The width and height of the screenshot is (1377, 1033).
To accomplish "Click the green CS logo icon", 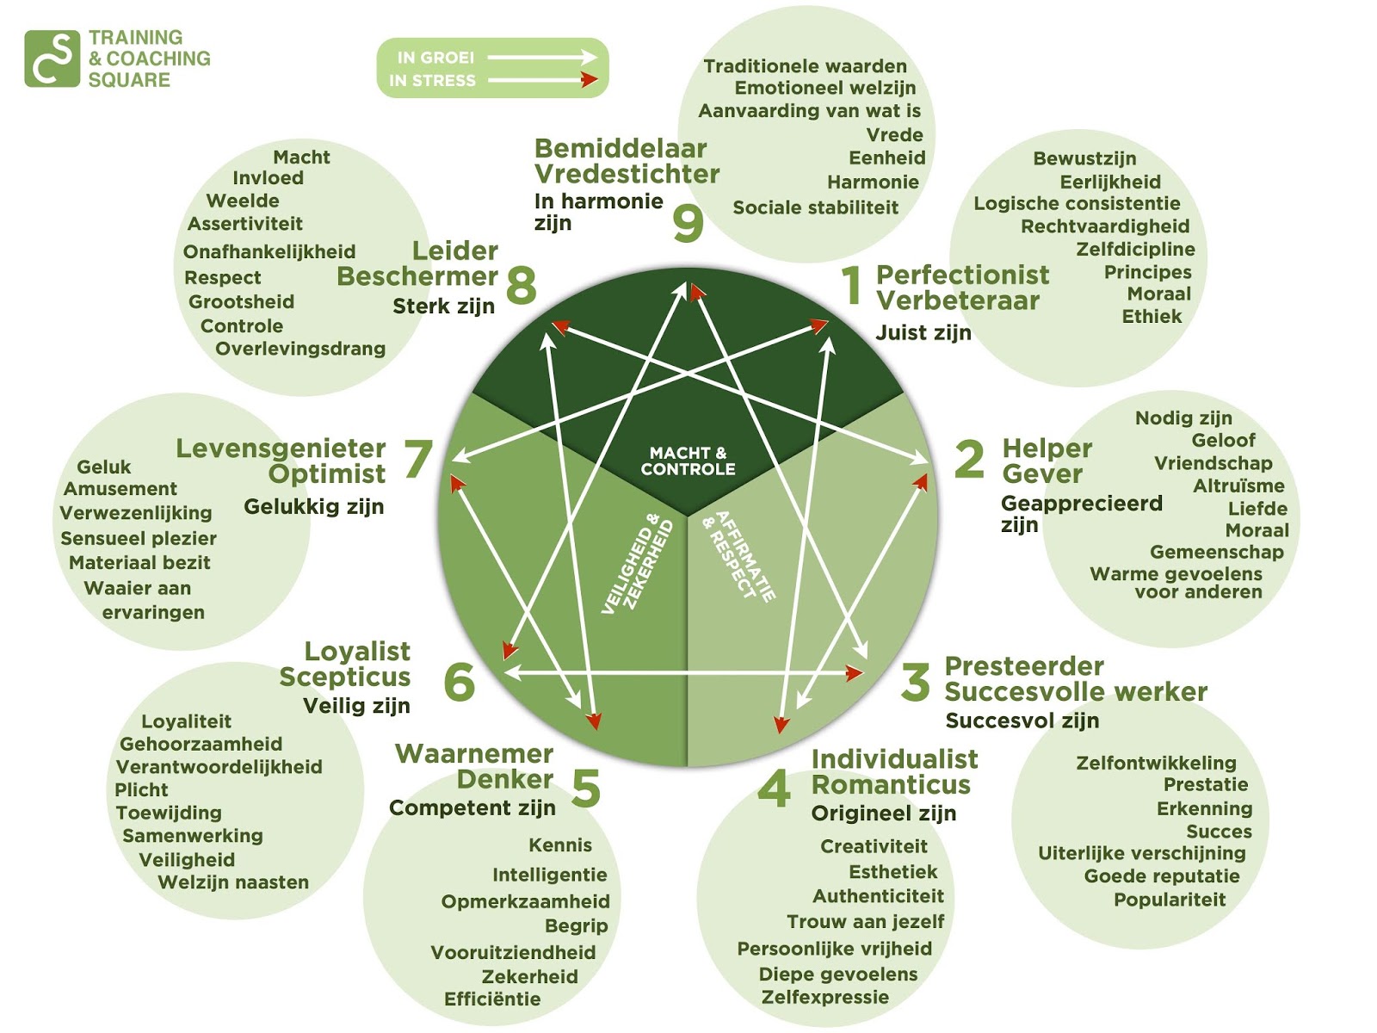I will pyautogui.click(x=52, y=59).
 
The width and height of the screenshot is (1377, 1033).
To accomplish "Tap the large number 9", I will pyautogui.click(x=688, y=223).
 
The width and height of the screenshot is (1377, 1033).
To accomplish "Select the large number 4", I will pyautogui.click(x=774, y=789).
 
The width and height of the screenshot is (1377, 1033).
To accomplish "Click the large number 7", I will pyautogui.click(x=418, y=459).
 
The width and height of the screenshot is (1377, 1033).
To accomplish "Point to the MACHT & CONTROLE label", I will pyautogui.click(x=688, y=461).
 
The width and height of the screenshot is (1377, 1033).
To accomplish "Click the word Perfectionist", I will pyautogui.click(x=962, y=275).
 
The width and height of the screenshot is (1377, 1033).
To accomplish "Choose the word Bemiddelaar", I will pyautogui.click(x=621, y=148).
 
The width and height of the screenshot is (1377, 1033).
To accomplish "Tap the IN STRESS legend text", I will pyautogui.click(x=432, y=81).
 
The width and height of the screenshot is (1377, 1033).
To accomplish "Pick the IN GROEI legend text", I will pyautogui.click(x=435, y=58).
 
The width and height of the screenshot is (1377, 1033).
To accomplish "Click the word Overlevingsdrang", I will pyautogui.click(x=300, y=349).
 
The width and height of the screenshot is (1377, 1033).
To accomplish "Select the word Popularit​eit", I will pyautogui.click(x=1170, y=900).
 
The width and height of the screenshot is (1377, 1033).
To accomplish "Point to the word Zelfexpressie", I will pyautogui.click(x=825, y=998).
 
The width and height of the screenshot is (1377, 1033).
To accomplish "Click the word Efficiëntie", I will pyautogui.click(x=492, y=999).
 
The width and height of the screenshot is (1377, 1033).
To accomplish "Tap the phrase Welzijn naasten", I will pyautogui.click(x=233, y=882).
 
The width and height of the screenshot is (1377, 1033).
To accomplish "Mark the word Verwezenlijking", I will pyautogui.click(x=136, y=513).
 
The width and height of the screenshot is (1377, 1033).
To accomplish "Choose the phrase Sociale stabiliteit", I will pyautogui.click(x=815, y=207).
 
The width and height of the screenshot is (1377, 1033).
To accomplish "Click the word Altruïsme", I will pyautogui.click(x=1238, y=486).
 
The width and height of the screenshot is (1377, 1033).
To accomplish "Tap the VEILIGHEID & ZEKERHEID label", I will pyautogui.click(x=638, y=564).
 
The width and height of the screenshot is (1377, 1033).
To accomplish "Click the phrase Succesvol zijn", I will pyautogui.click(x=1022, y=721).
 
